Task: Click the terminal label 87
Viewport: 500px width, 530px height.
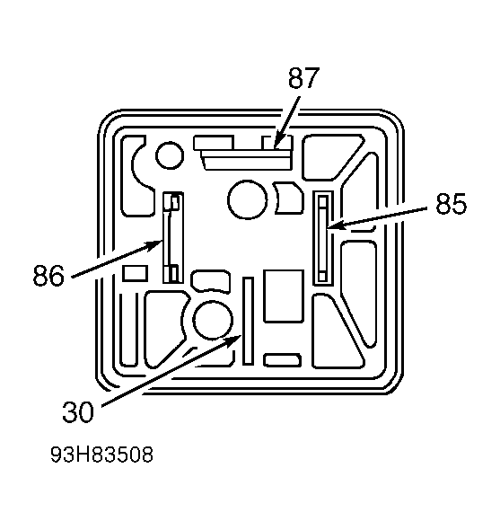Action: (303, 78)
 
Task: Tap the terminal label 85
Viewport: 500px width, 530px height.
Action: (451, 204)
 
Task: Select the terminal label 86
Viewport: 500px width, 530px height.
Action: (48, 276)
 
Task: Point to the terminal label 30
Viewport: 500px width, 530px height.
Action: (78, 412)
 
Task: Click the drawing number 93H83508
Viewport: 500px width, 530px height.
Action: (101, 455)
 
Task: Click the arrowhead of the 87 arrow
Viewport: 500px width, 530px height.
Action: (276, 145)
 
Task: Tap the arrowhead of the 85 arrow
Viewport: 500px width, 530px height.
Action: (332, 225)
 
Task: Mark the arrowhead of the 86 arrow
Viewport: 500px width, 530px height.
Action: (157, 244)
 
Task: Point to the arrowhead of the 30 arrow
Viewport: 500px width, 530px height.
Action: (235, 339)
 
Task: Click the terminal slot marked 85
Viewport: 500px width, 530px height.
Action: (323, 239)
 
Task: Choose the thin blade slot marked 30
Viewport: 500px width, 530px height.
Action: (248, 321)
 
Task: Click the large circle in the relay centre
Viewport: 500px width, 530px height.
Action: (248, 199)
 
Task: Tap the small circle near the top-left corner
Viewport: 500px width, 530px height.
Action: (170, 155)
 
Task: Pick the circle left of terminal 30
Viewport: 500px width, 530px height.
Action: (213, 320)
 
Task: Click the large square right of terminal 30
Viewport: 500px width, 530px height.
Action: (284, 296)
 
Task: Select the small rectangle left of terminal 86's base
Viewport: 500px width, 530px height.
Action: (136, 273)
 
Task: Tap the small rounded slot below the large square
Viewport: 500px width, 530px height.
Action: (282, 360)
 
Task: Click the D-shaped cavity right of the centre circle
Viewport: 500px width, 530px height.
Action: (288, 198)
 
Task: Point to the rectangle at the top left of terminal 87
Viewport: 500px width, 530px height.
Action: (214, 143)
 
